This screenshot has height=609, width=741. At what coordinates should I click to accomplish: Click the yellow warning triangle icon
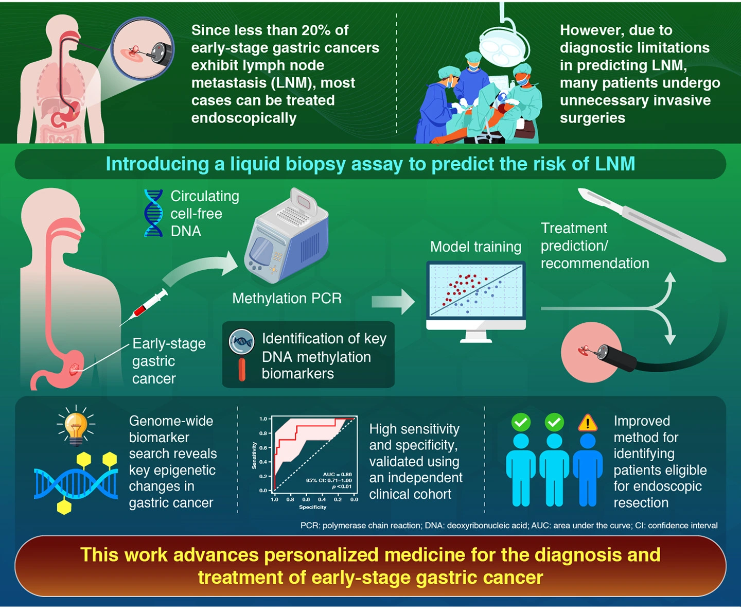(x=587, y=423)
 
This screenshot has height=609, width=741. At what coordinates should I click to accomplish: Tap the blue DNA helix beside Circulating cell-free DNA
(x=153, y=213)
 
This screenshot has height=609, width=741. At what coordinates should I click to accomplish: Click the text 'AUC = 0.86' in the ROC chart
(x=337, y=474)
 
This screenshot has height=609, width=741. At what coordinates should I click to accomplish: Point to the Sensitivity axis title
(x=254, y=456)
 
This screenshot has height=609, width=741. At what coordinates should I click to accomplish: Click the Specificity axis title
(x=312, y=507)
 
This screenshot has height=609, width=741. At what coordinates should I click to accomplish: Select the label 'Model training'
(x=475, y=247)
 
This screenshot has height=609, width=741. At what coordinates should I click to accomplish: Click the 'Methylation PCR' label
(x=287, y=298)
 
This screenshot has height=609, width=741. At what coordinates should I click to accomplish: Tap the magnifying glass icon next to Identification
(x=241, y=342)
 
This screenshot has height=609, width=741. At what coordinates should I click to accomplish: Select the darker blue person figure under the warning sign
(x=587, y=468)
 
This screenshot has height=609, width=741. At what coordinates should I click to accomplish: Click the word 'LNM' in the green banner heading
(x=614, y=164)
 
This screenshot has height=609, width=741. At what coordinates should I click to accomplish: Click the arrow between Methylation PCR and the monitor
(x=393, y=302)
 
